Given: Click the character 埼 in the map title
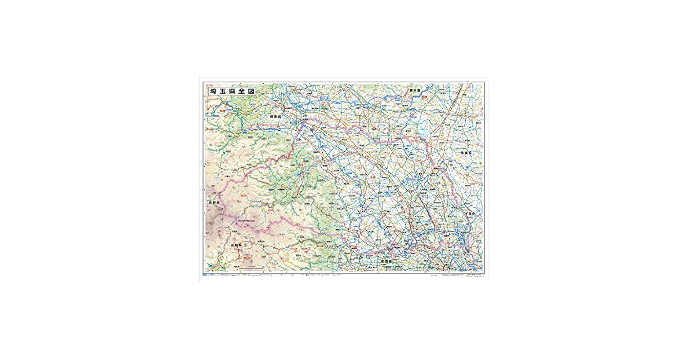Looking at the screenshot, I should click(x=213, y=91).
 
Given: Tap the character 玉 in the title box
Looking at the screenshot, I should click(x=223, y=91).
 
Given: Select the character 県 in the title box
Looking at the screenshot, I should click(x=232, y=91).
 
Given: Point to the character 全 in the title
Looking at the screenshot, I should click(x=242, y=91).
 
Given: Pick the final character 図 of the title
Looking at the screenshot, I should click(x=251, y=91).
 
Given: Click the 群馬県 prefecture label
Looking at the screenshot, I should click(x=276, y=117).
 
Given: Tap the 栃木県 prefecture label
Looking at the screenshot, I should click(x=415, y=90).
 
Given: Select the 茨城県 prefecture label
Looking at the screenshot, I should click(x=466, y=153).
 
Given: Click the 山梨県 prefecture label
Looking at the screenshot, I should click(x=236, y=245).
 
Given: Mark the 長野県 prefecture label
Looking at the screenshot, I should click(x=214, y=203).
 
